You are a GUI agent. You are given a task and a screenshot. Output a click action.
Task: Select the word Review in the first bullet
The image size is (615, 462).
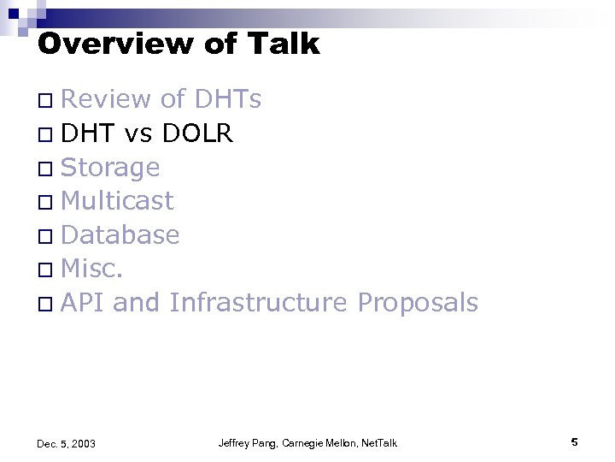coord(105,100)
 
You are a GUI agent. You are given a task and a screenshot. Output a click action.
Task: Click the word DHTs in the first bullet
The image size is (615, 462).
coord(228,100)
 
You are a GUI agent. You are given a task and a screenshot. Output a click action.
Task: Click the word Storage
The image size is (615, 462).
coord(110,167)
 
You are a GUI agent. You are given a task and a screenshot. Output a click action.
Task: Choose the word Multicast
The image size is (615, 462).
coord(118,201)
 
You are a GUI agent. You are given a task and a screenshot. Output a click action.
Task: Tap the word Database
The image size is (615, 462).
coord(120,234)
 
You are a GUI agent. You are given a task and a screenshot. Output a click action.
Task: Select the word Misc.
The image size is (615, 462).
coord(93,269)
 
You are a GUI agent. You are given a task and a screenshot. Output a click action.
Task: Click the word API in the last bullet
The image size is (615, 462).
coord(83,302)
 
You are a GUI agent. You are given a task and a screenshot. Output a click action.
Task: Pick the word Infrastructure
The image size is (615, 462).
coord(258,302)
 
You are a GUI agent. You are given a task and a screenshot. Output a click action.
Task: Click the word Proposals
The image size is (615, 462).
coord(418,302)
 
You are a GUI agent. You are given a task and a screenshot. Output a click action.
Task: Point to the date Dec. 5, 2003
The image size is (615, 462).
coord(67,443)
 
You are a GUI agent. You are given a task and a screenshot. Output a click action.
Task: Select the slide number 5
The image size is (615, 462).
coord(574,441)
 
